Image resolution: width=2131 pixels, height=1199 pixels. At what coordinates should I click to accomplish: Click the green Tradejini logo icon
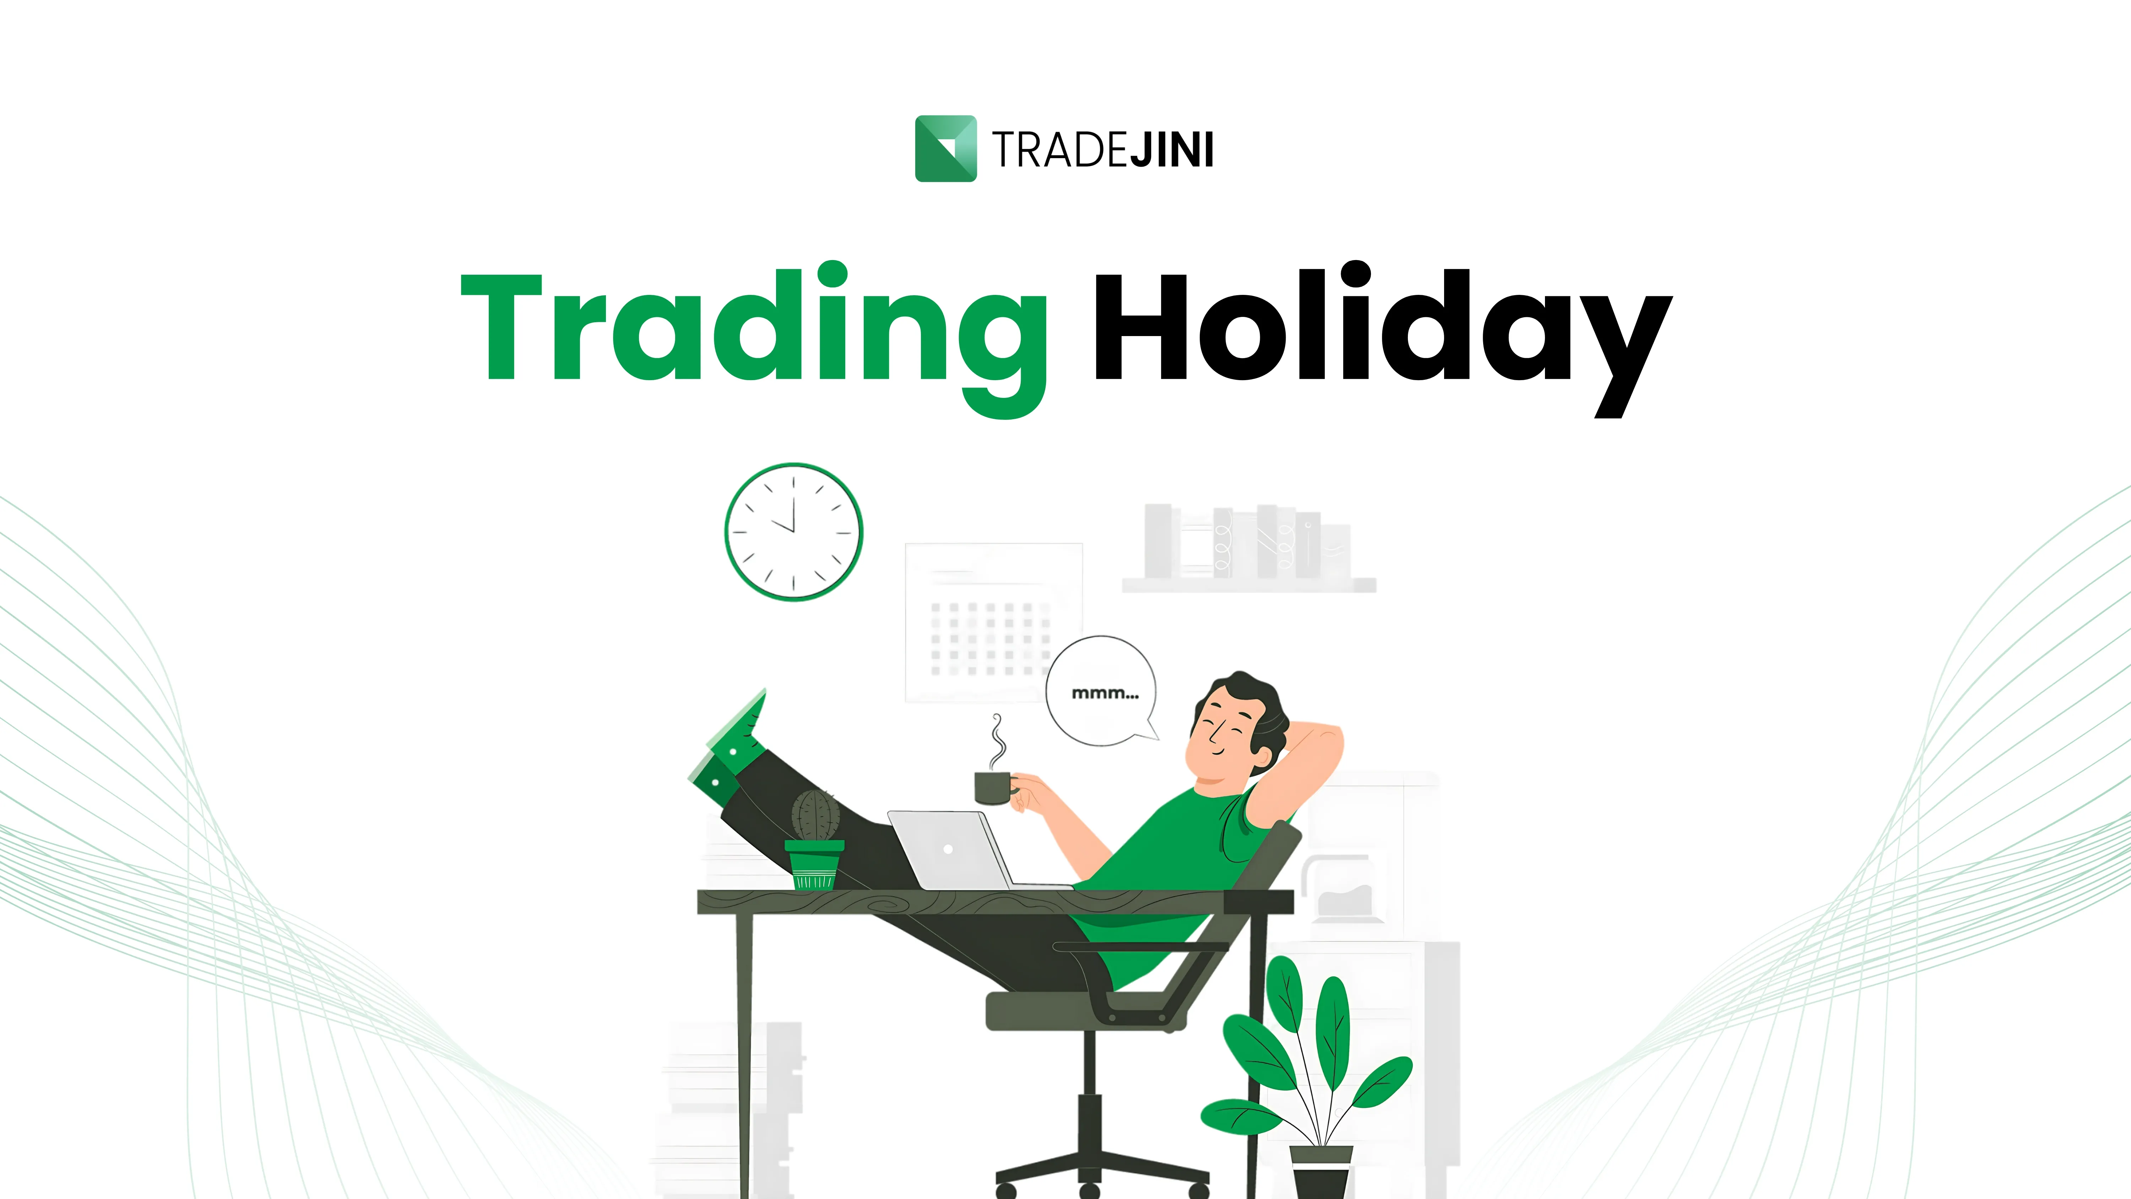(x=945, y=148)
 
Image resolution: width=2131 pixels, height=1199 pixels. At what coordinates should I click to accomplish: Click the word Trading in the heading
(x=754, y=337)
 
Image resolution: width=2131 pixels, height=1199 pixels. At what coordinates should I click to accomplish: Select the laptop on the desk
(x=968, y=850)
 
